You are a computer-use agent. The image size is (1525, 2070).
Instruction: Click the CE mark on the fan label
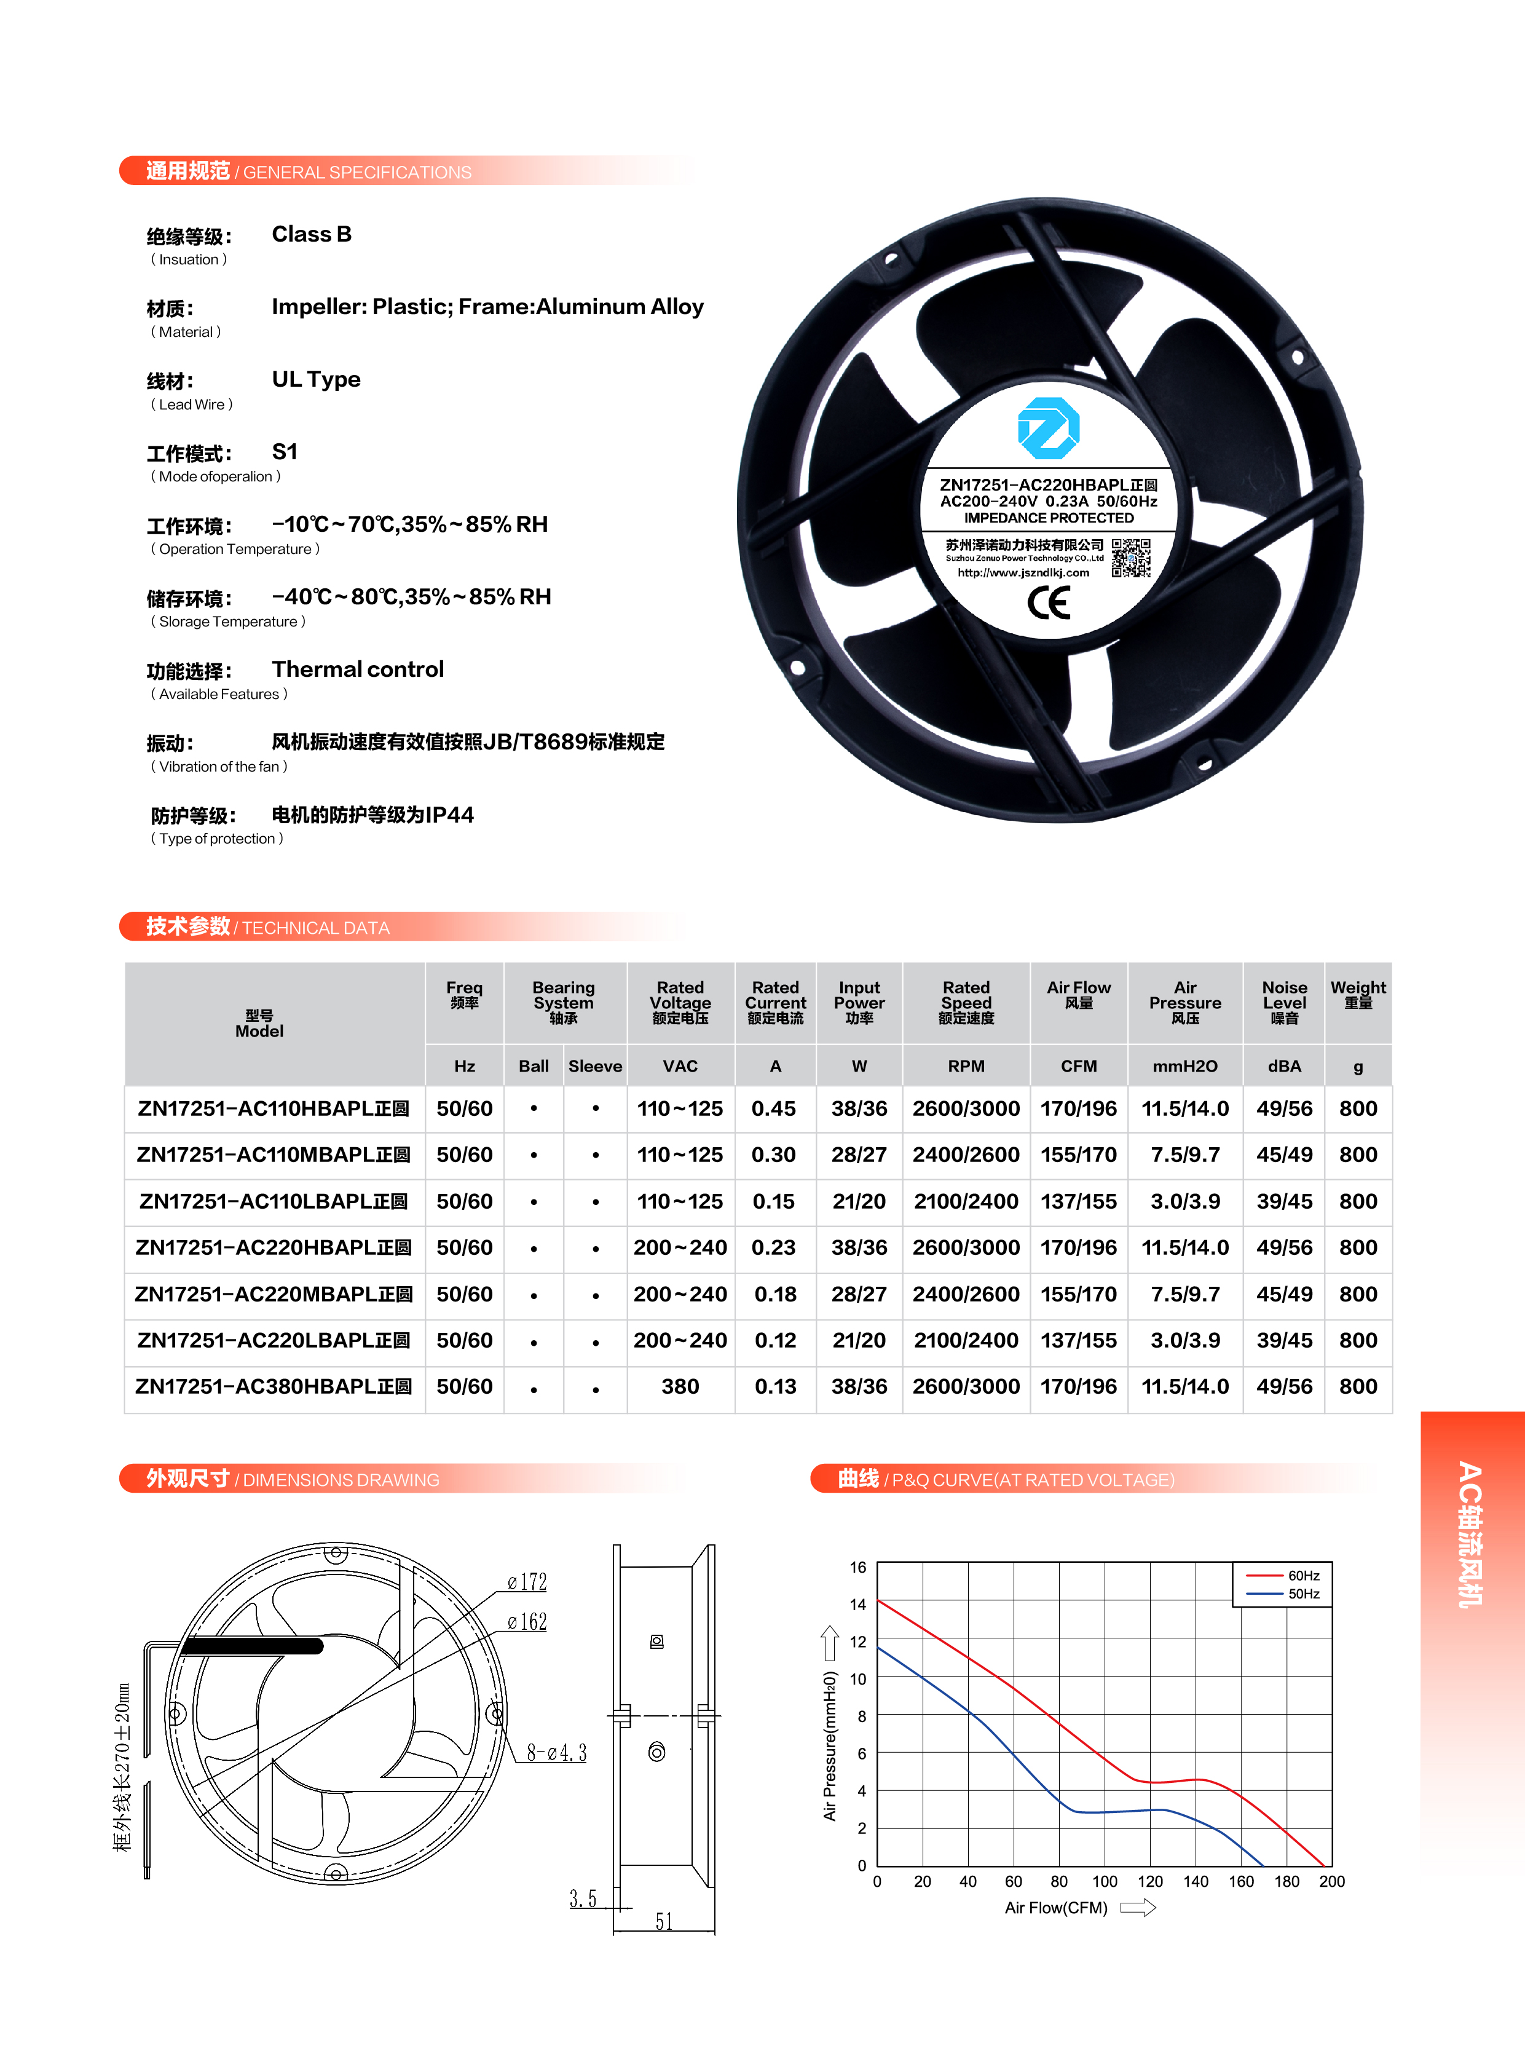pos(1049,603)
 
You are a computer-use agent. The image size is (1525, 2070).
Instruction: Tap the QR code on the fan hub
pos(1131,558)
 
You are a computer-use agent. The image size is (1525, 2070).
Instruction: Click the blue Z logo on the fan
pos(1048,427)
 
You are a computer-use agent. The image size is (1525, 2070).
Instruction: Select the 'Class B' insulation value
pos(311,234)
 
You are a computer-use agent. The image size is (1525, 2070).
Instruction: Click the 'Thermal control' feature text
pos(357,670)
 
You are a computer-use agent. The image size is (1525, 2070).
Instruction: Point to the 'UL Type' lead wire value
pos(316,379)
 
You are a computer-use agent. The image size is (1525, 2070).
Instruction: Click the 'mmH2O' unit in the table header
pos(1184,1067)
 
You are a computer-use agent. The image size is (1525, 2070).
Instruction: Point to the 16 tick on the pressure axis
pos(857,1567)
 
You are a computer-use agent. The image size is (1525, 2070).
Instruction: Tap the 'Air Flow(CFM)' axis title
pos(1056,1908)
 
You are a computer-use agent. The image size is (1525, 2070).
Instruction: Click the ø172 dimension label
pos(527,1582)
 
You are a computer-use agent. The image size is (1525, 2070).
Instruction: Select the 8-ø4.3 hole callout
pos(557,1752)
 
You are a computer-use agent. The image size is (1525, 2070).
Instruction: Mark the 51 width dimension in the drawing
pos(664,1921)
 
